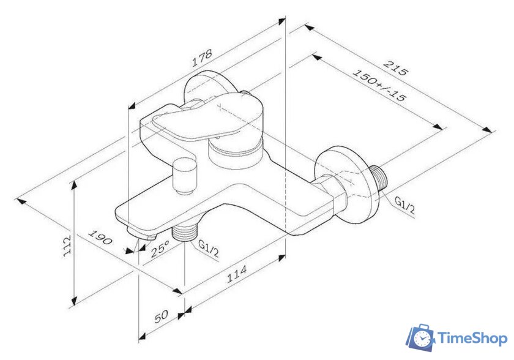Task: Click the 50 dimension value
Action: click(160, 317)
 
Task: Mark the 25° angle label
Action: click(160, 249)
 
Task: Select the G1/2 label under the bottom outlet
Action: click(209, 247)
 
